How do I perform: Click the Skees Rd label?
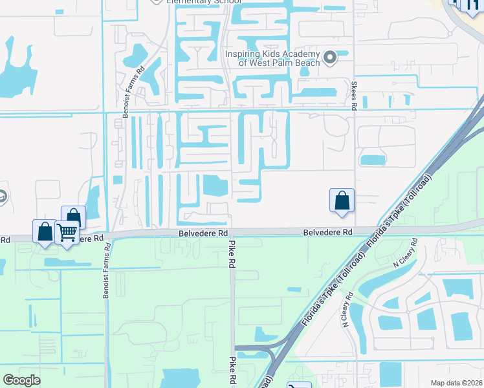pos(355,96)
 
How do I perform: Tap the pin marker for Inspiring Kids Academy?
pos(330,58)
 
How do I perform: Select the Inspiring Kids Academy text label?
pos(272,58)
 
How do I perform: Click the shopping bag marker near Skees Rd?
pos(342,200)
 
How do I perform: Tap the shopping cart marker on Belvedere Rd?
pos(67,233)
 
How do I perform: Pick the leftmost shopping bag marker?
pos(45,232)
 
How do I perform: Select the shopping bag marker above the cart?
pos(74,217)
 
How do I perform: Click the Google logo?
pos(21,380)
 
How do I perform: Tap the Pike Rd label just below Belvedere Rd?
pos(231,254)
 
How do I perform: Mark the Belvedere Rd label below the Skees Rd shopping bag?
pos(329,232)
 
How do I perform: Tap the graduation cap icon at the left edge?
pos(3,197)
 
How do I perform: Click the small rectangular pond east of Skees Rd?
pos(371,160)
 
